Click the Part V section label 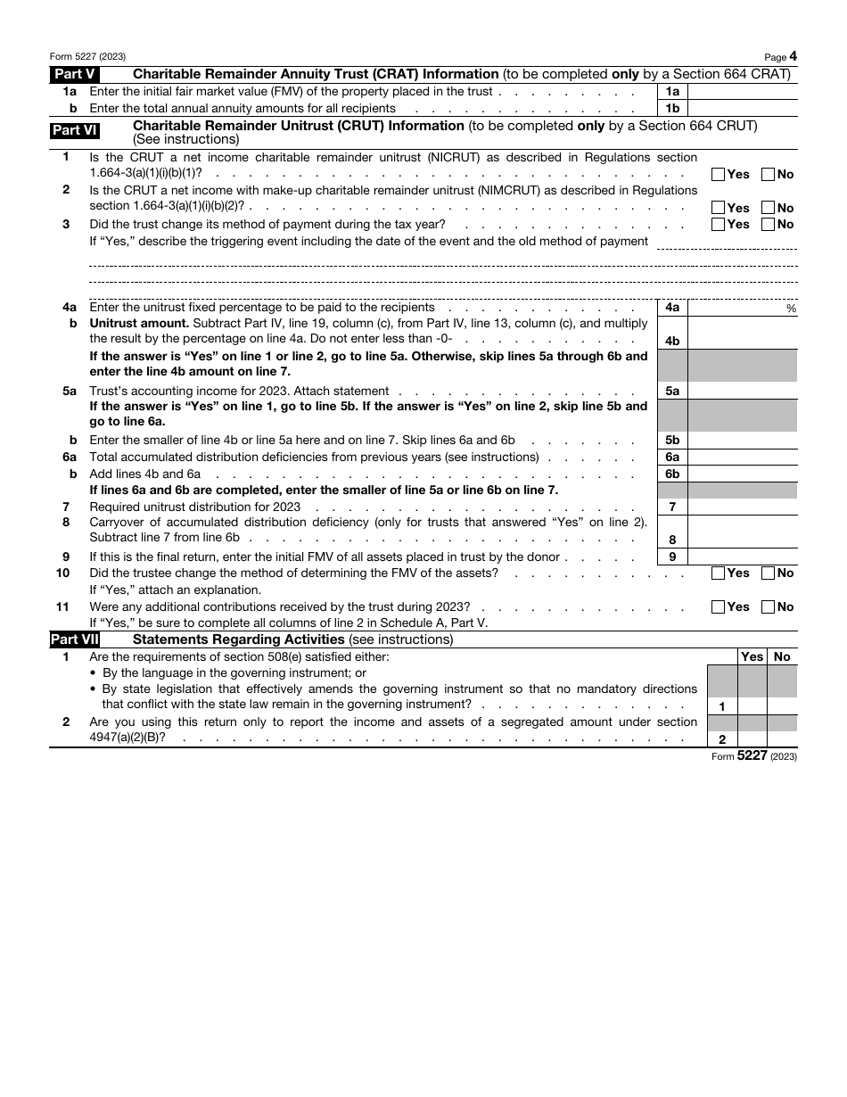pos(75,74)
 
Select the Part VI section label pos(75,130)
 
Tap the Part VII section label pos(75,639)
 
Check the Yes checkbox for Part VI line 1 pos(719,175)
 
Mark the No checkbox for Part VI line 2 pos(768,208)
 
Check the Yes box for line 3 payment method pos(719,225)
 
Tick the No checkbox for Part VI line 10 pos(768,573)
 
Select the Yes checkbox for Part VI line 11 pos(719,607)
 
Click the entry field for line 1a pos(742,91)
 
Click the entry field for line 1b pos(742,108)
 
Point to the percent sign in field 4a pos(791,309)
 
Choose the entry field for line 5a pos(742,391)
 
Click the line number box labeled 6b pos(672,474)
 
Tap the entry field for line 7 pos(742,507)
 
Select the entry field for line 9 pos(742,557)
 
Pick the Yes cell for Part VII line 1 pos(752,705)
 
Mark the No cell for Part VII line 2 pos(782,738)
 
